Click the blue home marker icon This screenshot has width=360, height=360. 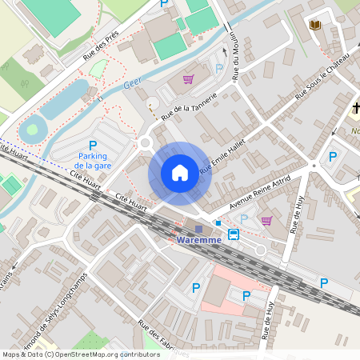(180, 173)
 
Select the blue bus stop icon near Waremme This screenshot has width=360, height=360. (233, 234)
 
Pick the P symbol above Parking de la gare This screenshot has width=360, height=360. (92, 145)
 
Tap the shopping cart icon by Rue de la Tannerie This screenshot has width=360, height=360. (188, 79)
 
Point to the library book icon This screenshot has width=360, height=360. (315, 25)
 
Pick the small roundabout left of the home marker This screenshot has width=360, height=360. (145, 144)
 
